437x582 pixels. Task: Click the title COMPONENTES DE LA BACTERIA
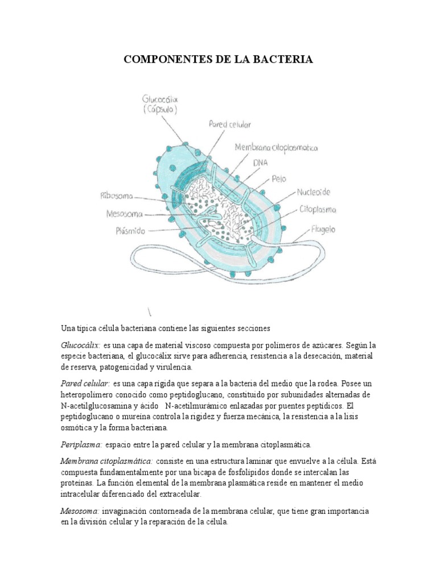218,59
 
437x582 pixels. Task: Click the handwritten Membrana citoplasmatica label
276,148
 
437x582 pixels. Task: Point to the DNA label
260,163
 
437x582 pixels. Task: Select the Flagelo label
323,230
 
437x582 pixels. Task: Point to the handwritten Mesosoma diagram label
125,214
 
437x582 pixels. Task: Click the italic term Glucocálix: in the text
80,345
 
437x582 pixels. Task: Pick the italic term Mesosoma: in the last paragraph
80,511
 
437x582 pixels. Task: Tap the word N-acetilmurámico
200,406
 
